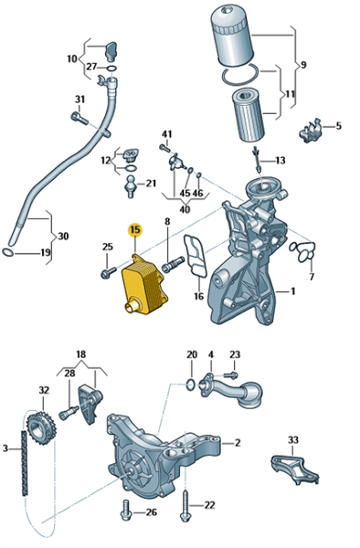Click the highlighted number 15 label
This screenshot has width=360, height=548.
tap(135, 229)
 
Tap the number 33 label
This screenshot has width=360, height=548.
tap(293, 439)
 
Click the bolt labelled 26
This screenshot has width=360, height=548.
tap(126, 511)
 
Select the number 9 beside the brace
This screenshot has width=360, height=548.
tap(303, 65)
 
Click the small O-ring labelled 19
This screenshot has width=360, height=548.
tap(7, 252)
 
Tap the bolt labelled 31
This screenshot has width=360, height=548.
tap(79, 117)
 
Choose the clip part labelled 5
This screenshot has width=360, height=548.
tap(310, 130)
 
